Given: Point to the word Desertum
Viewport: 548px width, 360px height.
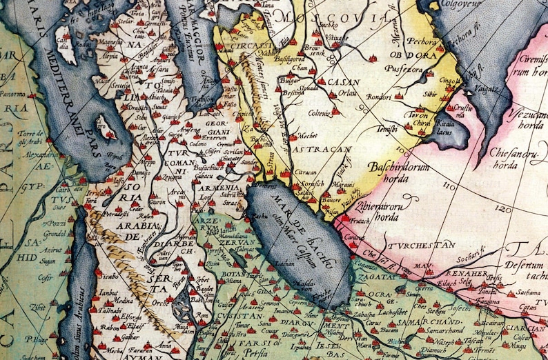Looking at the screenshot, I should tap(528, 263).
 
